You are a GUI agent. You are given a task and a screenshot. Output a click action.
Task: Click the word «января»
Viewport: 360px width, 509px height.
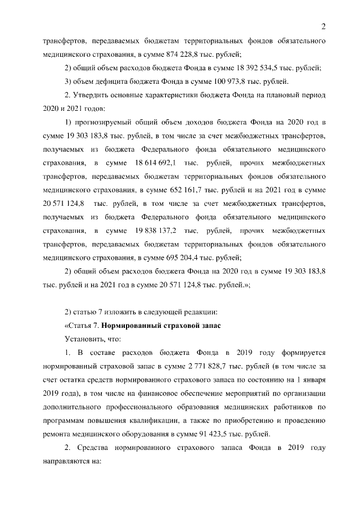[313, 380]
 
